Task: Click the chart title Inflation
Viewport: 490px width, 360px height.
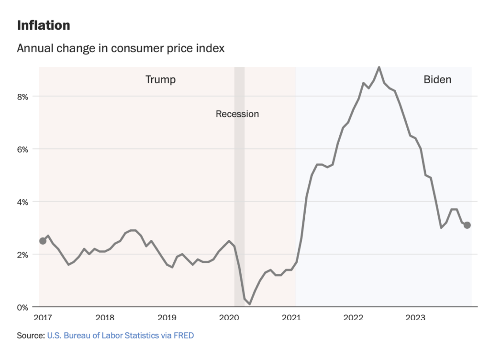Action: click(44, 25)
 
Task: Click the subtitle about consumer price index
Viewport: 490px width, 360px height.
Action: click(121, 49)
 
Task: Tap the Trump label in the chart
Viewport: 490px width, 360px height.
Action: click(160, 79)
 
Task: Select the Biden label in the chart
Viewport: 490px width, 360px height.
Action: click(437, 79)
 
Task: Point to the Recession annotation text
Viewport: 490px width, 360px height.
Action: click(237, 114)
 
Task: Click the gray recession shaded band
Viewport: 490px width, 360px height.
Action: click(239, 191)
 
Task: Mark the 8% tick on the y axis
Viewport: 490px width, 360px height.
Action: click(23, 97)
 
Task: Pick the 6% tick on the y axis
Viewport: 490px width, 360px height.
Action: click(23, 149)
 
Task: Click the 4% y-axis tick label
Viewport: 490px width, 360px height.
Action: click(23, 202)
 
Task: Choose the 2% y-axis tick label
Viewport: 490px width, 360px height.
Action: click(23, 255)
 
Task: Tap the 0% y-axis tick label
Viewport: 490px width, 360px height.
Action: click(23, 307)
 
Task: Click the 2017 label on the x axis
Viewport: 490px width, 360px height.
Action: click(43, 317)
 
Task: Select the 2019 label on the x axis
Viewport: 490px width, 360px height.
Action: click(167, 317)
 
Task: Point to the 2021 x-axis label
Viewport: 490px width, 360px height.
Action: click(291, 317)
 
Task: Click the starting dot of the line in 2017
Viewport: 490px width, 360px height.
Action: click(43, 241)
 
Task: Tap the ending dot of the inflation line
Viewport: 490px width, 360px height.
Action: click(468, 225)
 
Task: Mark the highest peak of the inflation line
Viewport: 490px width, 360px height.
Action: click(379, 67)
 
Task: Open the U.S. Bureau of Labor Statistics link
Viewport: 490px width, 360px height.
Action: click(120, 336)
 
